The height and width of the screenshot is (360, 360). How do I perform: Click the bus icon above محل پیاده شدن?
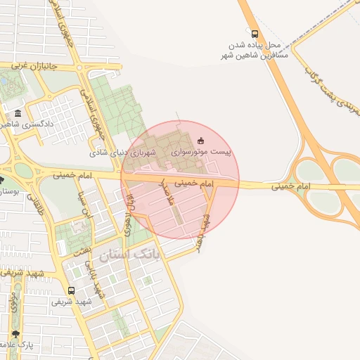pos(254,33)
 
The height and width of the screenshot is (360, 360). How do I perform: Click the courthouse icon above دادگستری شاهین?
pos(18,112)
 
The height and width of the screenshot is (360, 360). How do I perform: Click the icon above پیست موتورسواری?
pos(202,139)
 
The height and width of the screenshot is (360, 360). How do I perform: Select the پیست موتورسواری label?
pos(202,151)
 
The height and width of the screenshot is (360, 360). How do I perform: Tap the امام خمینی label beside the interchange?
pos(292,186)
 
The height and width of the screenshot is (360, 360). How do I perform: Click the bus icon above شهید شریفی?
pos(71,290)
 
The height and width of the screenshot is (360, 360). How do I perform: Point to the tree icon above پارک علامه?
pos(15,333)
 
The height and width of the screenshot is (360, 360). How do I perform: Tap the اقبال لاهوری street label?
pos(129,215)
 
